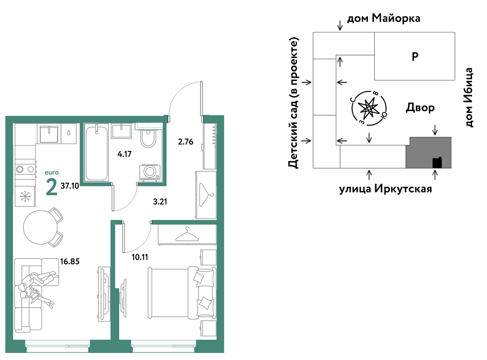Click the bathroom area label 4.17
point(124,154)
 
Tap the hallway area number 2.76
point(186,142)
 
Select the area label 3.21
point(160,202)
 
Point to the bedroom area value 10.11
point(140,257)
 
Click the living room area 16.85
point(70,262)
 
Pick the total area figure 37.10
point(70,186)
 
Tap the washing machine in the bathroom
point(150,173)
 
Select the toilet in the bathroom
point(148,138)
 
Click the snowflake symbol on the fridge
point(25,196)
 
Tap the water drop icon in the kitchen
point(69,133)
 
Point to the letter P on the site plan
point(415,57)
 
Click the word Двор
point(420,108)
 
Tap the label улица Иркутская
point(385,189)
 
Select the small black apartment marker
point(437,163)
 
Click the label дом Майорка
point(384,18)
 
